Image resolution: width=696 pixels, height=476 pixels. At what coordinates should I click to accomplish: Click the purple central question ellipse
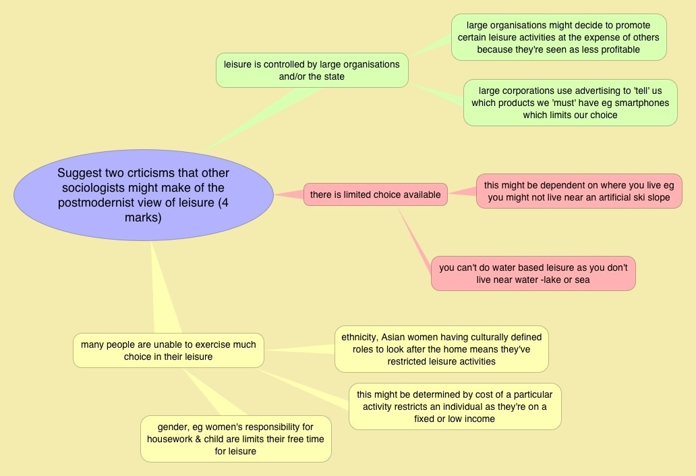click(143, 194)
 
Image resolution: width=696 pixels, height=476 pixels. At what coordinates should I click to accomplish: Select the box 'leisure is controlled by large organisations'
click(312, 70)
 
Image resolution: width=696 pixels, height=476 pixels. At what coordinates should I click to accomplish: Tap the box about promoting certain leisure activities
click(558, 37)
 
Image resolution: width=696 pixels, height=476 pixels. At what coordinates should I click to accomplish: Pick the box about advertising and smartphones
click(570, 103)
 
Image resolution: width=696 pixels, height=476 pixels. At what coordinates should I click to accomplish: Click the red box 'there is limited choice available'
click(375, 195)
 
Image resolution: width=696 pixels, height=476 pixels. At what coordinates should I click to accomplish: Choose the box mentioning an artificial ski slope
click(579, 191)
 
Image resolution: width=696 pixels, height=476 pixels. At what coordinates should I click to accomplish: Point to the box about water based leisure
click(533, 273)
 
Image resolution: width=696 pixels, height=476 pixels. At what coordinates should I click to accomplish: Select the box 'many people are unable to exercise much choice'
click(168, 350)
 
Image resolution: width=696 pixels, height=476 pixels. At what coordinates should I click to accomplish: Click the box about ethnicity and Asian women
click(441, 348)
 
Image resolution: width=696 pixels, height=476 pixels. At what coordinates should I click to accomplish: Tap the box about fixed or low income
click(455, 406)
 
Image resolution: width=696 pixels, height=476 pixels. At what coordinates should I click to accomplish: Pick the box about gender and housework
click(235, 439)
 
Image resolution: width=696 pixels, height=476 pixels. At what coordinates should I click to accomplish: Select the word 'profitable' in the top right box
click(616, 49)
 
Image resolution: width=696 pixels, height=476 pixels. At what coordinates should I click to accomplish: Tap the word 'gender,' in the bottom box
click(173, 427)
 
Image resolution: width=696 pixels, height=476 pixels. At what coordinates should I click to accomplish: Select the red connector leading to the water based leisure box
click(415, 236)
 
